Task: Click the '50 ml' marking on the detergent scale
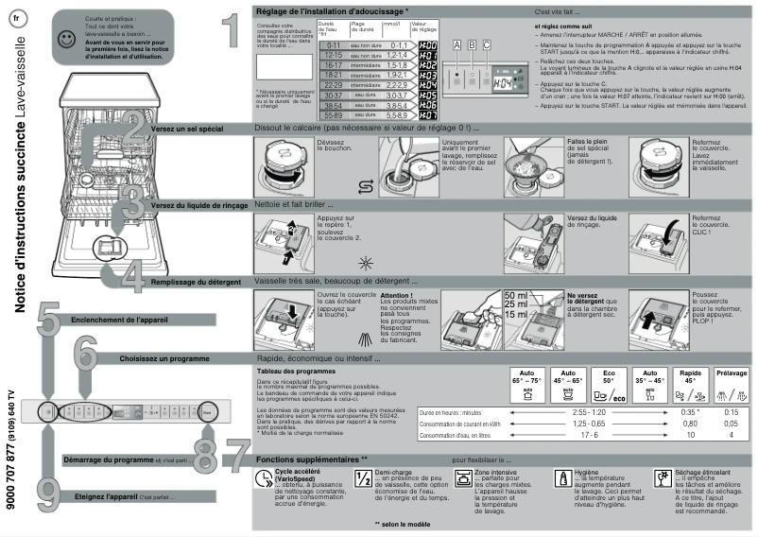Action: (516, 296)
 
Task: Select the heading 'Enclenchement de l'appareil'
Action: (120, 320)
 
